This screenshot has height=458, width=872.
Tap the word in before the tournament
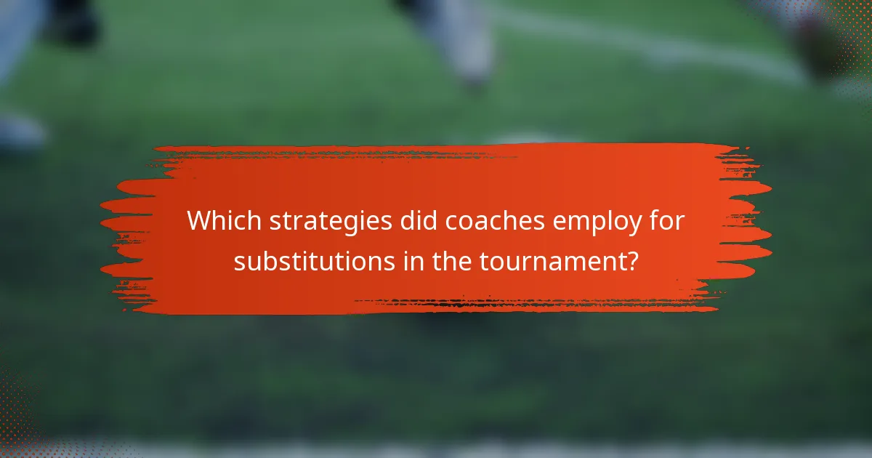pyautogui.click(x=411, y=261)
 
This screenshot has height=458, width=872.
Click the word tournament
pyautogui.click(x=551, y=261)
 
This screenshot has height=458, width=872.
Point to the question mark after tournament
pyautogui.click(x=632, y=261)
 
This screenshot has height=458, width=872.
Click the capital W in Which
pyautogui.click(x=201, y=222)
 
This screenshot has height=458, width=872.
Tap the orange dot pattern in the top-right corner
pyautogui.click(x=850, y=36)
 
